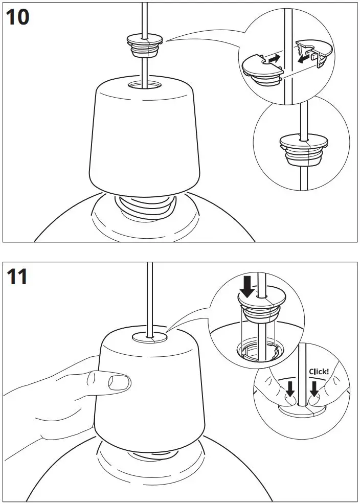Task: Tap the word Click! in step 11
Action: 319,372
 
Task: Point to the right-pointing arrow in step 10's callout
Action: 274,59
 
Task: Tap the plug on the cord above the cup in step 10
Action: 145,45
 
